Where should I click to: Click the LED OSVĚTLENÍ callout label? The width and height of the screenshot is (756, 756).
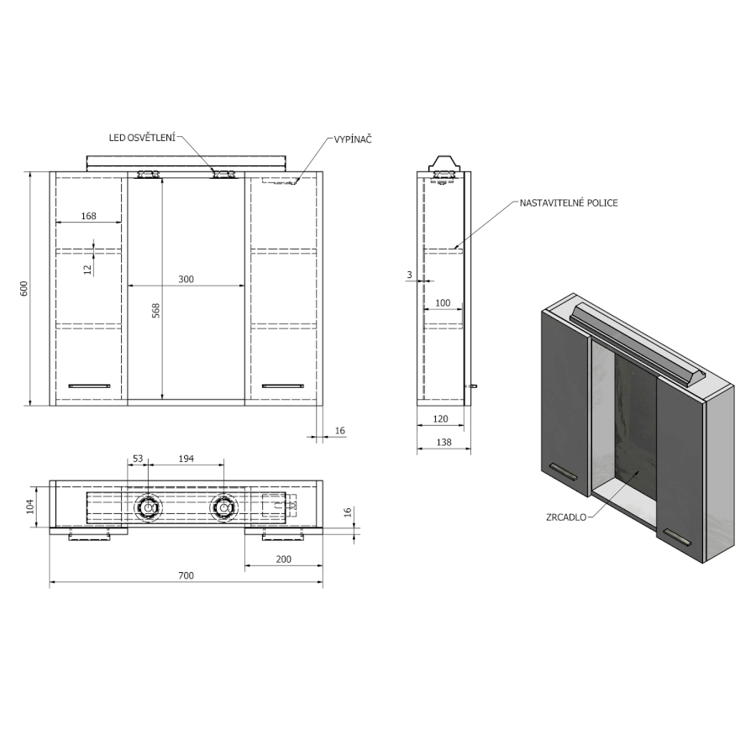click(142, 138)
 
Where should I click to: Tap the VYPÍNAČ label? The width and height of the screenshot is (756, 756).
click(353, 139)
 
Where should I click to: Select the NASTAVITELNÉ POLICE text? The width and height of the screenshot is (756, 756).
click(569, 203)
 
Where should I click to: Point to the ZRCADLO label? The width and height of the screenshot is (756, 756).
click(566, 517)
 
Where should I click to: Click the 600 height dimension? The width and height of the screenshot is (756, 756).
click(24, 288)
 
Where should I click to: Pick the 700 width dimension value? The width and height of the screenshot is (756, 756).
click(186, 575)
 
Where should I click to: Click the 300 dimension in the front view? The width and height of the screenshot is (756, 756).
click(186, 279)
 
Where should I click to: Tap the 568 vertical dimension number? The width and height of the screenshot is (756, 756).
click(155, 311)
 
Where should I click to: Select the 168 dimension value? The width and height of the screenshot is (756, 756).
click(89, 216)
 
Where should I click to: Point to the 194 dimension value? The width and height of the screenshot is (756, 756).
click(186, 459)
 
